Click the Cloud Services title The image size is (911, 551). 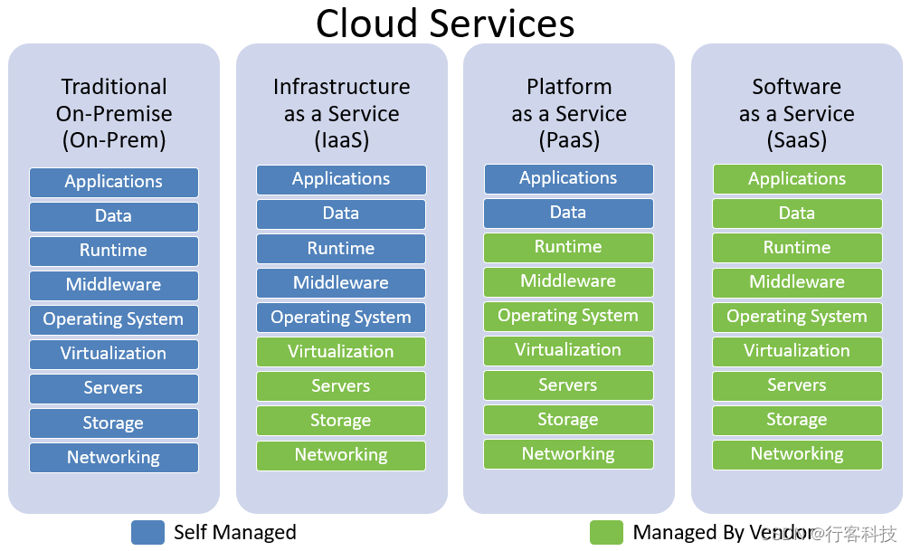[x=444, y=24]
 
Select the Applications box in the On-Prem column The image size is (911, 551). [x=113, y=182]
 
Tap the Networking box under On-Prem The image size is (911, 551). [x=113, y=458]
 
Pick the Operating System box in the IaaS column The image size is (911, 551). [x=341, y=318]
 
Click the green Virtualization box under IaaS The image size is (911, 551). [x=341, y=352]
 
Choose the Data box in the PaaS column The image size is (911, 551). [x=568, y=213]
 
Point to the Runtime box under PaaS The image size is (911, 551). [x=568, y=247]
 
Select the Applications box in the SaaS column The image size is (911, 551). [x=797, y=179]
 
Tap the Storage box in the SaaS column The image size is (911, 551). [x=797, y=420]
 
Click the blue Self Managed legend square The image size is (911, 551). [x=147, y=532]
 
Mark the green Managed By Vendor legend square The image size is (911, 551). [x=606, y=532]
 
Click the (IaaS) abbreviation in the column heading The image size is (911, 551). [x=341, y=141]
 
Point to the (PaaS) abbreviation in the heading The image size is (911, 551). [x=569, y=141]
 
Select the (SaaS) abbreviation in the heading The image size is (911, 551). [x=797, y=141]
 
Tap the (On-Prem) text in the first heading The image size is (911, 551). [x=114, y=141]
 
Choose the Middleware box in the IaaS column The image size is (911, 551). [x=341, y=283]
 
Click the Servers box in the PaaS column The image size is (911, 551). [x=568, y=385]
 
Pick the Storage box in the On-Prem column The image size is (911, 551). [x=113, y=423]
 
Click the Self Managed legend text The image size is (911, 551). [x=234, y=533]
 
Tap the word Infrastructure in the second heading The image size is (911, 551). [x=341, y=87]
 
